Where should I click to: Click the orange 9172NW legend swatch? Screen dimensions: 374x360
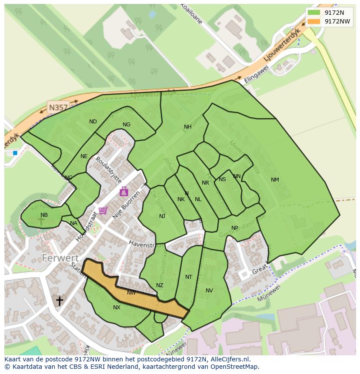tap(313, 21)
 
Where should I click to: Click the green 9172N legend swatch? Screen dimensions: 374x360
tap(313, 13)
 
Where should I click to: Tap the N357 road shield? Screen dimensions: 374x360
tap(58, 107)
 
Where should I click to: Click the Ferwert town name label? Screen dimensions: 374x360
tap(60, 258)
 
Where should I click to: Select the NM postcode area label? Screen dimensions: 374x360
tap(275, 180)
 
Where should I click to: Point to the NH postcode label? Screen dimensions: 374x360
tap(187, 127)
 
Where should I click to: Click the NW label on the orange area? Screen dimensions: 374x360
tap(131, 293)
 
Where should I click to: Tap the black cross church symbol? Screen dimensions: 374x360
tap(59, 301)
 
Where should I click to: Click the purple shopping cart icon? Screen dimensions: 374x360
tap(103, 211)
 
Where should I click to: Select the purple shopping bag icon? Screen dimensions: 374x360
tap(124, 191)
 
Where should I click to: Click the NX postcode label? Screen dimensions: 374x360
tap(117, 308)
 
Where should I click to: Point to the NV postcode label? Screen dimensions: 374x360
tap(209, 291)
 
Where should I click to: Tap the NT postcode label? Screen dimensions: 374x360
tap(188, 277)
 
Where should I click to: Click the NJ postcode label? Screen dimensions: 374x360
tap(162, 216)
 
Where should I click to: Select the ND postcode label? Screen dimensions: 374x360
tap(93, 122)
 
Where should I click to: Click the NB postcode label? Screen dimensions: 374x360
tap(44, 215)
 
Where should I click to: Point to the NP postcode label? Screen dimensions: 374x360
tap(235, 228)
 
